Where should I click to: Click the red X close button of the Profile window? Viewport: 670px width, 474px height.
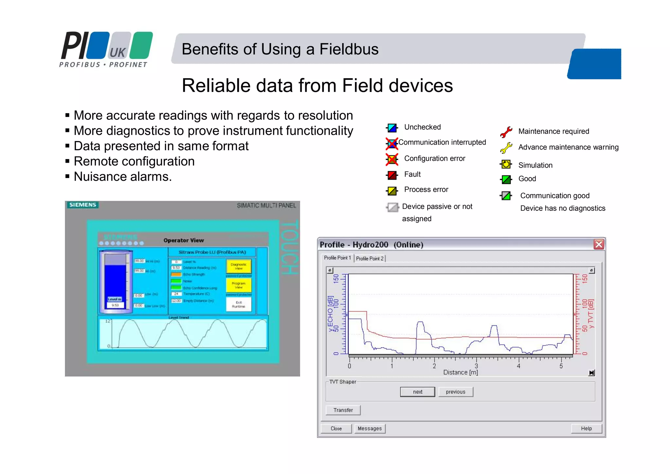(599, 244)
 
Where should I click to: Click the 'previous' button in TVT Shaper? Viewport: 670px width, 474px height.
(455, 392)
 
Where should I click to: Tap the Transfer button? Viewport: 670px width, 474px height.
(343, 410)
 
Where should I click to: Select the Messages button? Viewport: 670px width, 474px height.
(370, 428)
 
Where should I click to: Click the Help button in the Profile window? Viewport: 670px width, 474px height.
(586, 428)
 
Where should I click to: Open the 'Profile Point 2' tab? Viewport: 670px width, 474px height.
(370, 259)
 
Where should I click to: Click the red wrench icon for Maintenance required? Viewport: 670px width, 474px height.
(506, 132)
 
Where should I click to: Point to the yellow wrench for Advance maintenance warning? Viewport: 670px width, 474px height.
(506, 148)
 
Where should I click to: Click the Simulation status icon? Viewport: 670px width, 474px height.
(506, 164)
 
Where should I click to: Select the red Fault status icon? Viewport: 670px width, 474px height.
(392, 175)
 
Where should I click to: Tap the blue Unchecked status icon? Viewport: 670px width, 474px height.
(392, 128)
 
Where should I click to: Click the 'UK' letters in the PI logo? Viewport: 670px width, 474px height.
(117, 52)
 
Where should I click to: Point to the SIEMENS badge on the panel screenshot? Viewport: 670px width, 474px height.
(83, 205)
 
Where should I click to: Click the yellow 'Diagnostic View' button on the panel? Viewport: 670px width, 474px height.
(238, 266)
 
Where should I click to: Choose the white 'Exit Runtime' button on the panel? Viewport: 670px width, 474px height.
(238, 304)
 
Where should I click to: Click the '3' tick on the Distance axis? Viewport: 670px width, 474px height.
(476, 366)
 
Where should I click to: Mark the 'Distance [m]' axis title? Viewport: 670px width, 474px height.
(460, 373)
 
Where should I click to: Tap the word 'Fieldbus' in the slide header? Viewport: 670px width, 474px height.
(349, 49)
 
